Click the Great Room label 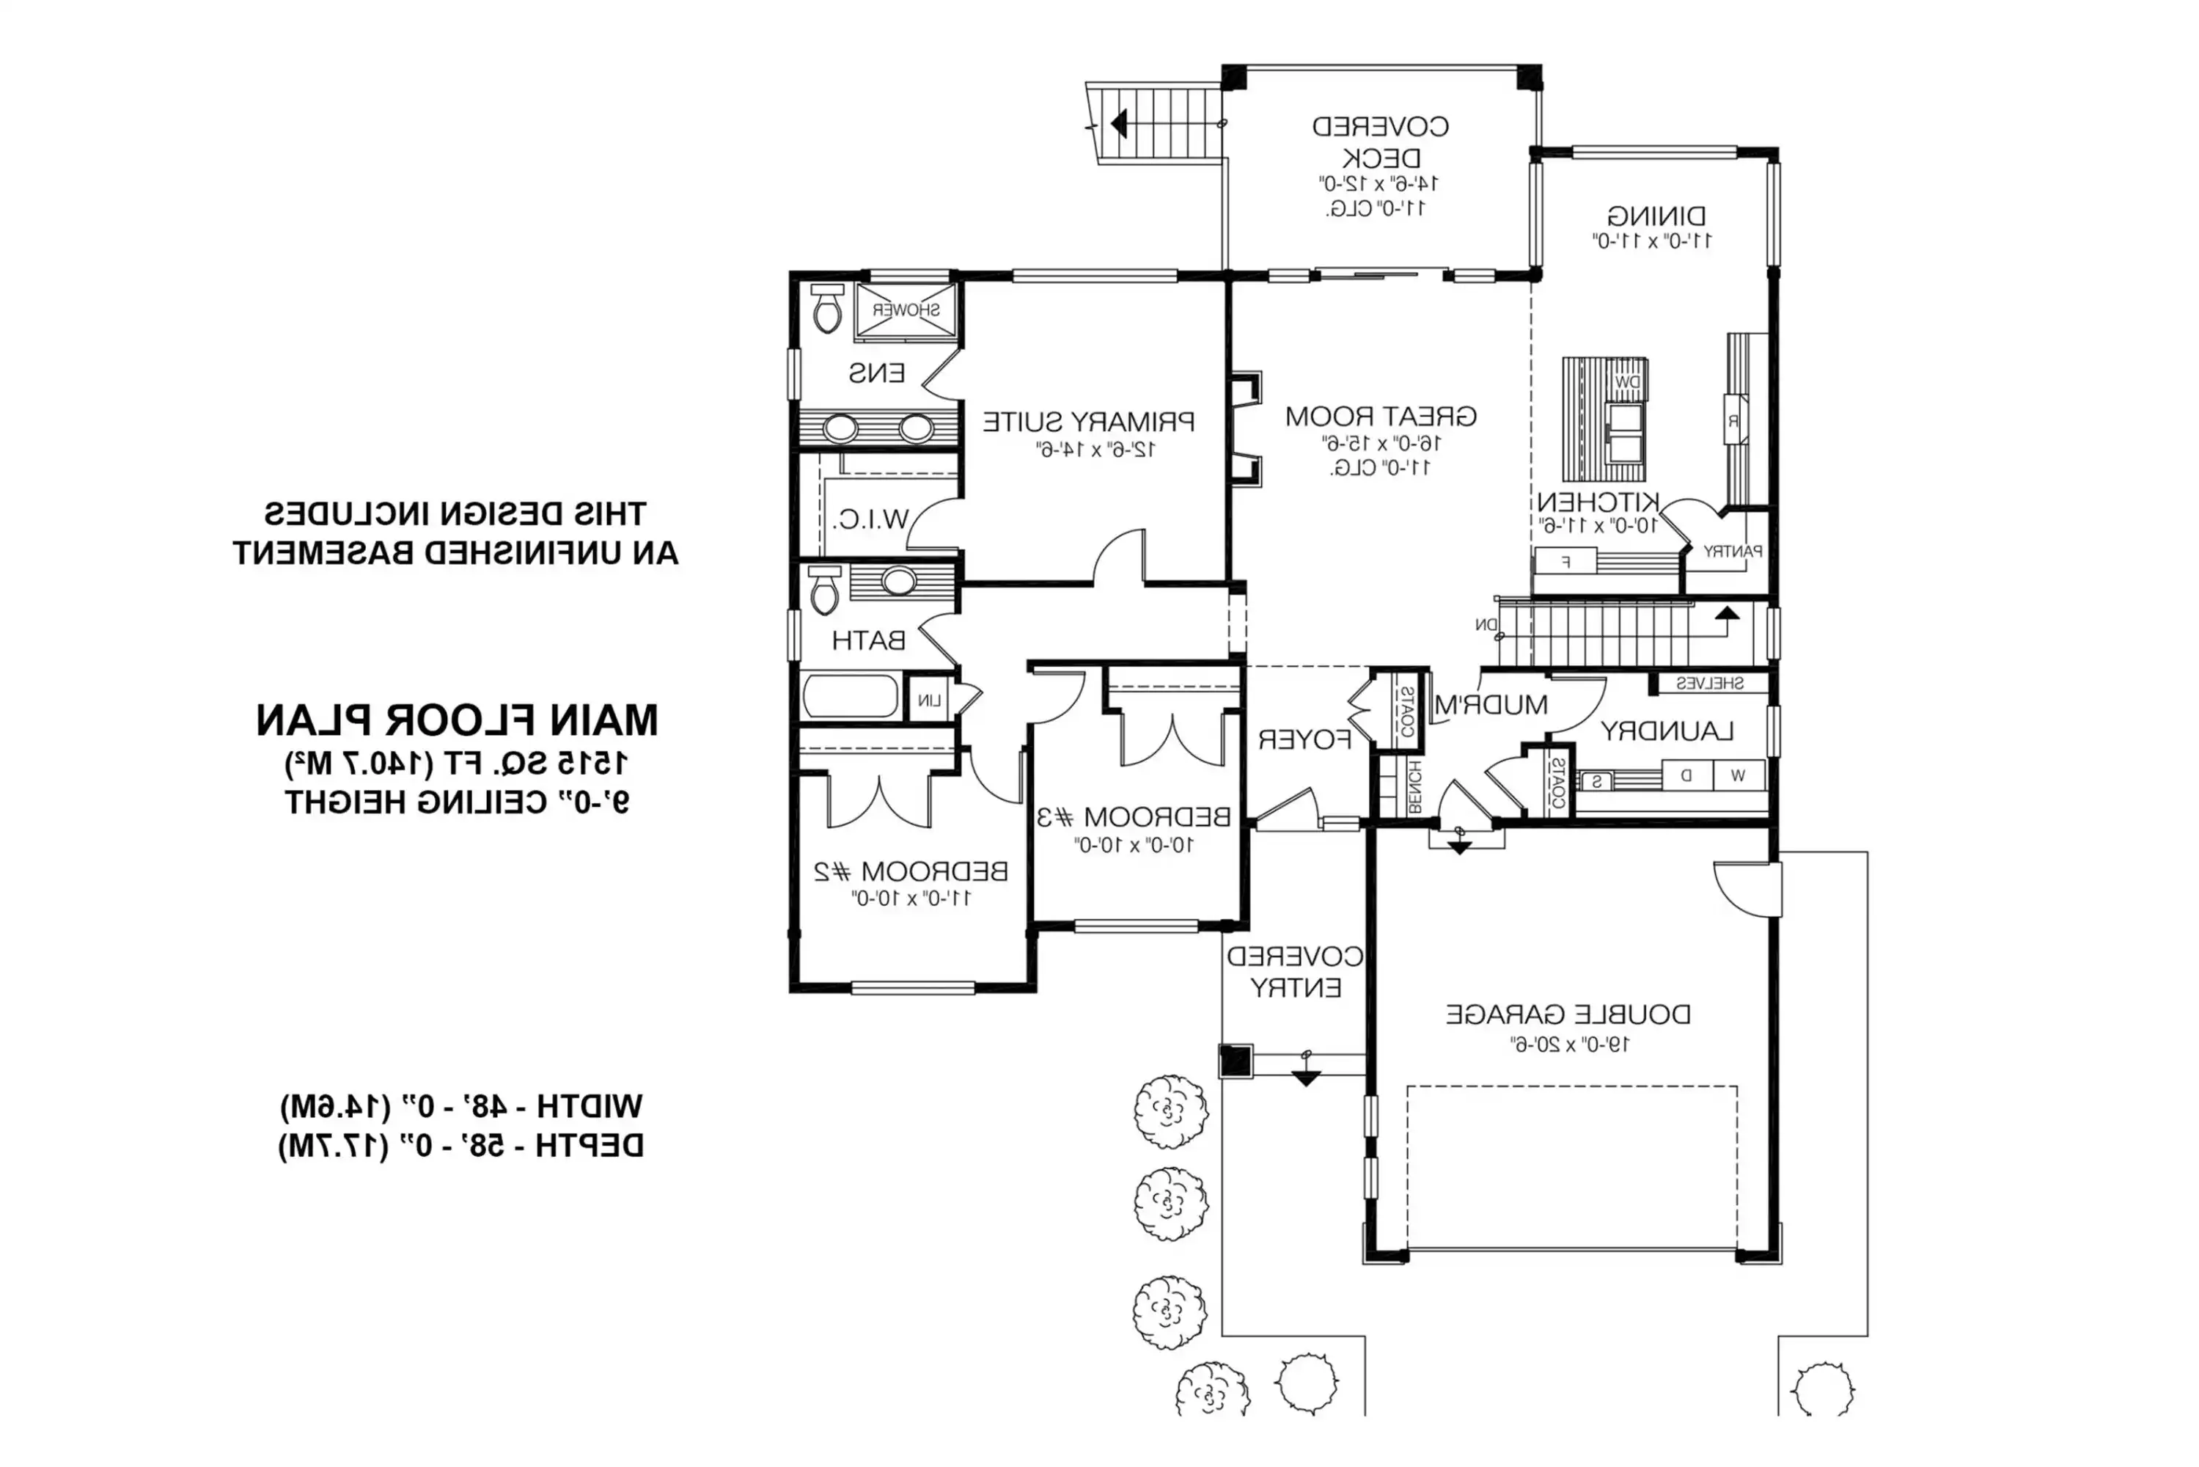tap(1380, 417)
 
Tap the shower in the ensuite tap(906, 310)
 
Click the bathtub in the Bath tap(851, 696)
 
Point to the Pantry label tap(1731, 551)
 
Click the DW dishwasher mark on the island tap(1626, 381)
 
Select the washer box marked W tap(1738, 775)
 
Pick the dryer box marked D tap(1686, 775)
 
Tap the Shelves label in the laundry tap(1709, 684)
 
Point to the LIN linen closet tap(929, 700)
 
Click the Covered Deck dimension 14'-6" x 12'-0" tap(1378, 183)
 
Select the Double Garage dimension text tap(1570, 1044)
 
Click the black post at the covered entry tap(1235, 1061)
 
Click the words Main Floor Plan tap(457, 720)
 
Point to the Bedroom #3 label tap(1133, 817)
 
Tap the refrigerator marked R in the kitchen tap(1733, 421)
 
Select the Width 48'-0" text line tap(461, 1107)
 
